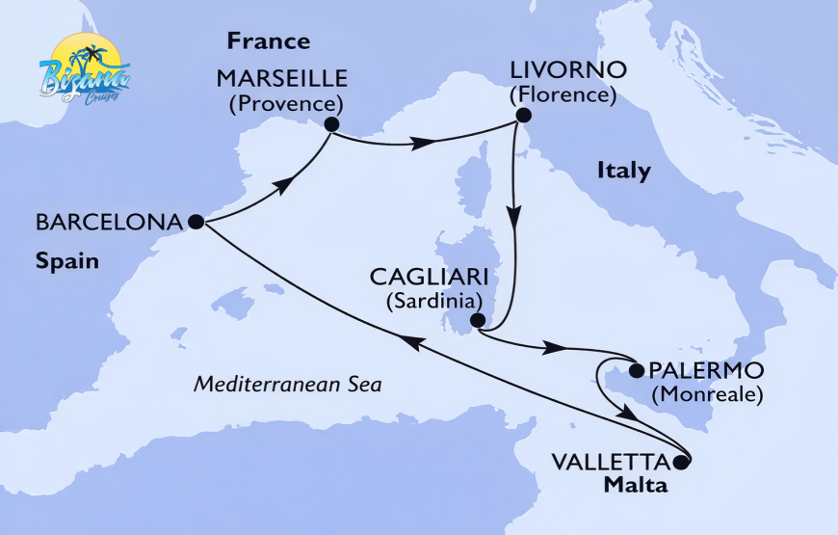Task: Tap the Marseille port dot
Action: coord(331,124)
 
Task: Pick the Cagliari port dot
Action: coord(477,321)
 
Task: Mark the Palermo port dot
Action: coord(636,369)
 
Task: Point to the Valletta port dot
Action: coord(682,462)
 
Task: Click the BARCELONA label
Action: coord(109,222)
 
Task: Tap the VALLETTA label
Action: coord(611,461)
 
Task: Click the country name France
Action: coord(268,41)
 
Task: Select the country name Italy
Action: coord(623,172)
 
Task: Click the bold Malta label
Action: coord(636,484)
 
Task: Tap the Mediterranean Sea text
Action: coord(288,384)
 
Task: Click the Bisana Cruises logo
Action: coord(85,69)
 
